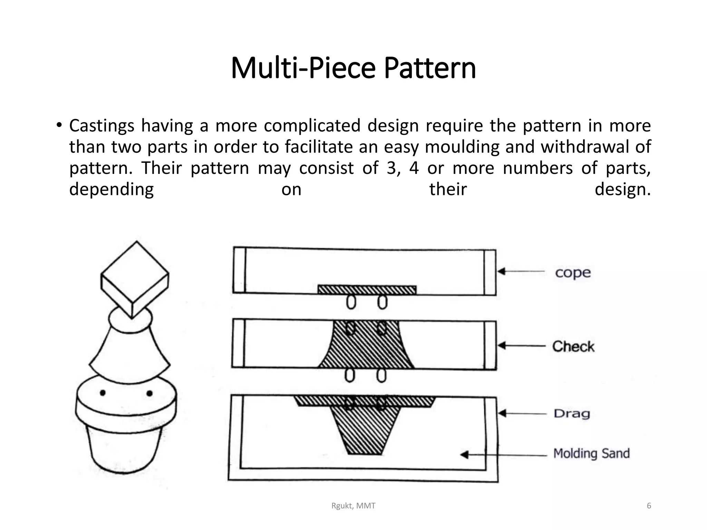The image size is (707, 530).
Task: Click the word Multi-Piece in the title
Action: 303,68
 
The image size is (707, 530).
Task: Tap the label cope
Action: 573,273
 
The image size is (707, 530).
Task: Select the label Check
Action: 573,346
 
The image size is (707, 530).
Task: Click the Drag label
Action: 572,413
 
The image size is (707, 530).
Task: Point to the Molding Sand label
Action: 591,453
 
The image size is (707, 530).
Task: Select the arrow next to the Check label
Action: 521,346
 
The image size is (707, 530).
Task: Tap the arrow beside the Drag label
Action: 522,413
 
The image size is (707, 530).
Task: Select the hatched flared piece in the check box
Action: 366,349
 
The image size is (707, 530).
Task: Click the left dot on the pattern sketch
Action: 103,393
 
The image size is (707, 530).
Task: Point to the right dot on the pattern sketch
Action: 149,393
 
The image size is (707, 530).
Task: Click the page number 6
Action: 649,506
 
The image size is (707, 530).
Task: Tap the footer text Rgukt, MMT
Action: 353,506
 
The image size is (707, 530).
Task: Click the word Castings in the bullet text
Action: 101,126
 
